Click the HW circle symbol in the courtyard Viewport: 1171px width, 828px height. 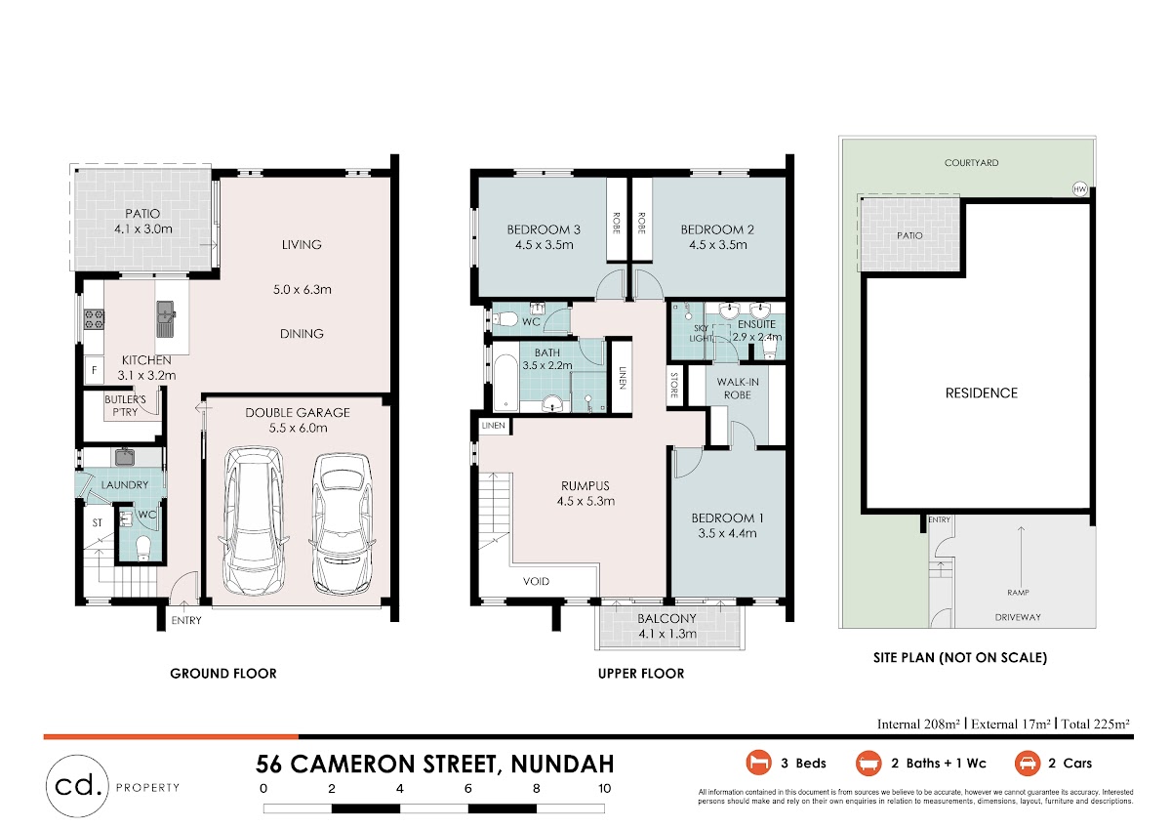click(1079, 188)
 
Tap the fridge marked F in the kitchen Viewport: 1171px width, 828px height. click(95, 370)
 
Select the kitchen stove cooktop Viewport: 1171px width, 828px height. click(95, 319)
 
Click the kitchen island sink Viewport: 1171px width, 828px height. click(166, 318)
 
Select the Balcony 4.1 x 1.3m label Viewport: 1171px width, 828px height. click(667, 626)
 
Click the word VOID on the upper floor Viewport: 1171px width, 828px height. click(536, 581)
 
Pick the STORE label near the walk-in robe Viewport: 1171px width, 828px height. click(674, 385)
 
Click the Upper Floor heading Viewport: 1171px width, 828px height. click(641, 673)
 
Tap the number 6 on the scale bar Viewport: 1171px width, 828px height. click(467, 788)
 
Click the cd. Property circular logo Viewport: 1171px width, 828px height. click(77, 786)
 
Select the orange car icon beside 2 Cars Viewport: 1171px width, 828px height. click(1028, 764)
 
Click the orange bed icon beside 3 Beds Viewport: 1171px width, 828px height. click(758, 763)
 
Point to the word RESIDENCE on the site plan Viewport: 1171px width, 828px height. click(982, 393)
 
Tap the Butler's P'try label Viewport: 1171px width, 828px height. click(125, 405)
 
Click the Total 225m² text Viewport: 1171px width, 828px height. click(1095, 724)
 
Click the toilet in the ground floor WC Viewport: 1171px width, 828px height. click(142, 548)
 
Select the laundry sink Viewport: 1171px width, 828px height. click(125, 457)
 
